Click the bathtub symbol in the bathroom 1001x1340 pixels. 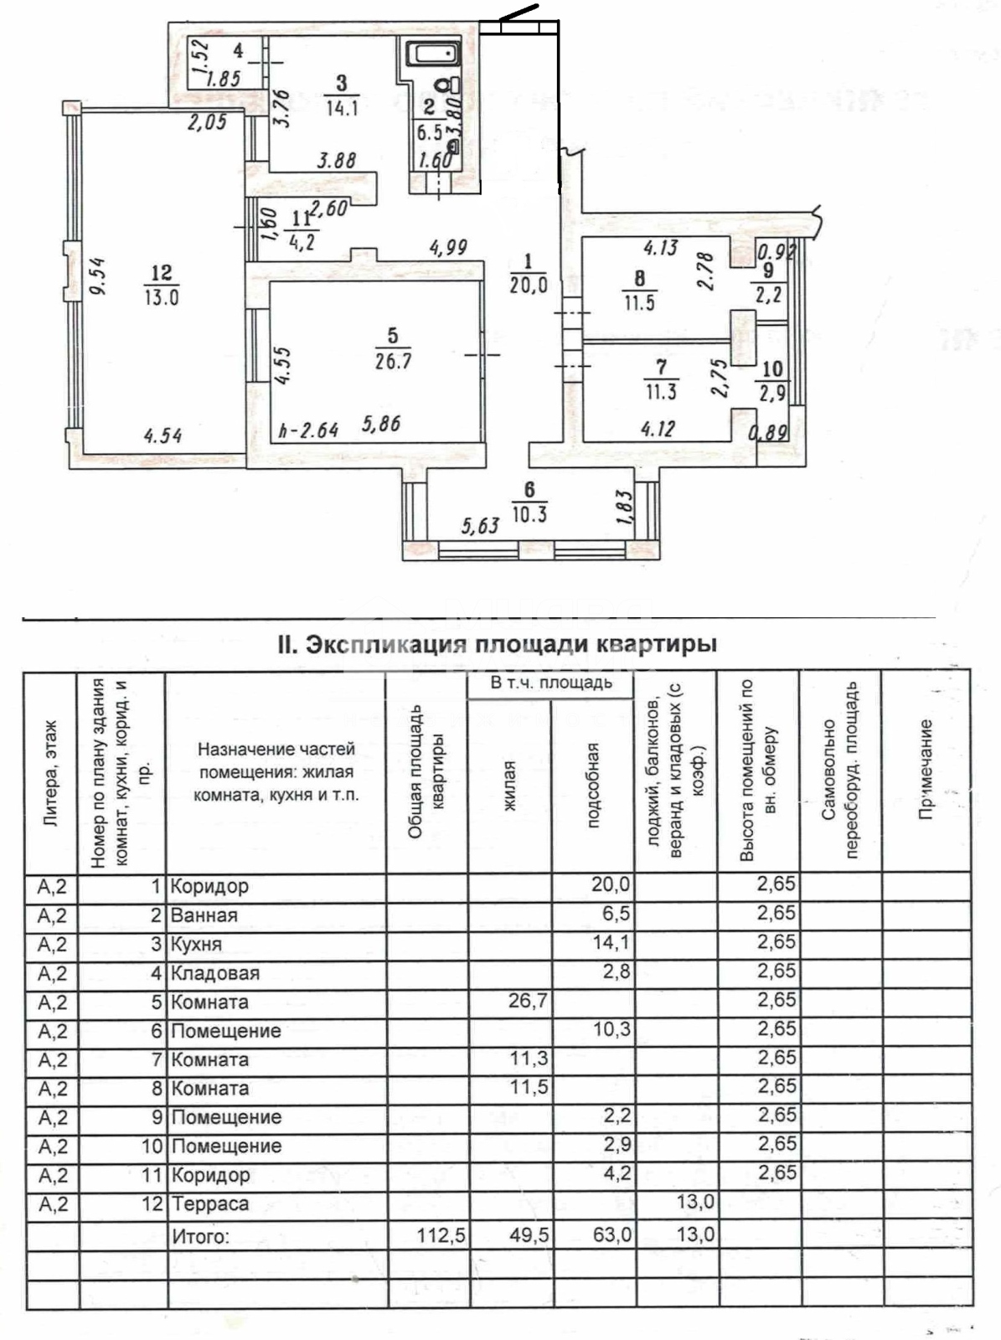click(433, 55)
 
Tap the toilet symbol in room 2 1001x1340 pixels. click(452, 84)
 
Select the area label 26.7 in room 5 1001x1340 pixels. click(393, 362)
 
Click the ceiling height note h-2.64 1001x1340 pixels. click(308, 430)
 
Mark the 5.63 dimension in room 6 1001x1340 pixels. click(480, 525)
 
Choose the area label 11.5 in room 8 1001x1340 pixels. click(639, 302)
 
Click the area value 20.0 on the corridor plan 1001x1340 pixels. click(529, 285)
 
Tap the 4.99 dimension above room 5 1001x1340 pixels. click(447, 248)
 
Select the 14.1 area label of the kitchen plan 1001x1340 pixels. click(342, 107)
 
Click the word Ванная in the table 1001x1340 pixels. click(204, 915)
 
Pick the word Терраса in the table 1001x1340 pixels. click(210, 1204)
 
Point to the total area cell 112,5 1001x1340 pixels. click(441, 1234)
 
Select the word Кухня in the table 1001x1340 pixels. click(196, 945)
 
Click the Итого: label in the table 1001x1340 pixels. click(199, 1235)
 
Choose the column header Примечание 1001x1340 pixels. click(926, 770)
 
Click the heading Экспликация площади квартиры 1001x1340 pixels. click(497, 645)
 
